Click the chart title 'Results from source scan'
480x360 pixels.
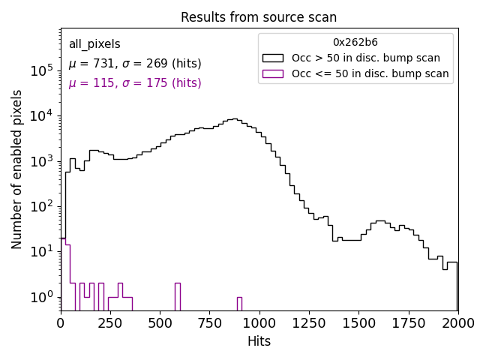click(259, 17)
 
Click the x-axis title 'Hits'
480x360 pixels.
click(259, 341)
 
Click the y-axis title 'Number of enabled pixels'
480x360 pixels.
click(17, 169)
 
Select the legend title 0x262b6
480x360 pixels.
click(355, 42)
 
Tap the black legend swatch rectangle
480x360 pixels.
click(273, 58)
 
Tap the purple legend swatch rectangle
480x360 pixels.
click(273, 73)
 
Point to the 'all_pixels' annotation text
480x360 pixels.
click(94, 44)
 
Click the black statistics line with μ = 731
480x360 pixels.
click(135, 64)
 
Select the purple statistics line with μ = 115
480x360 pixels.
click(135, 83)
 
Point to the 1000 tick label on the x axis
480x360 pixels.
click(259, 322)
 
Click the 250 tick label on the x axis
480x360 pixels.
click(110, 322)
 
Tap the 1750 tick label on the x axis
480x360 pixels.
click(408, 322)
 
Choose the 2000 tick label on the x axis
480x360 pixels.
click(457, 322)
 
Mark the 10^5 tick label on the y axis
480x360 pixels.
click(41, 70)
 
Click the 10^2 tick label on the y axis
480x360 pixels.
click(41, 206)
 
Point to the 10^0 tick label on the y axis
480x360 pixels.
click(41, 297)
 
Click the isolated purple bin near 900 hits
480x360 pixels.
click(239, 304)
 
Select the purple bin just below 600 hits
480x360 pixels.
click(178, 296)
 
